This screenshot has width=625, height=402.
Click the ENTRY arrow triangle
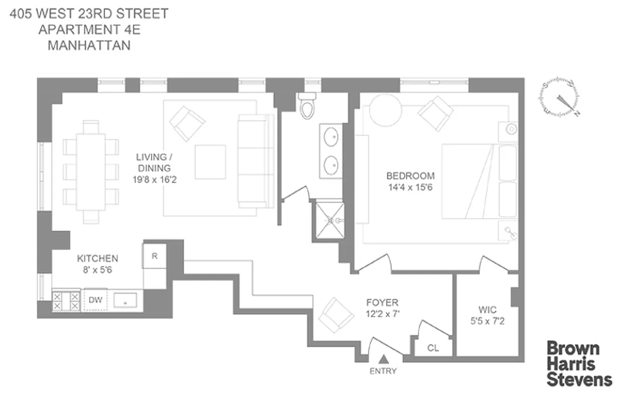[x=384, y=359]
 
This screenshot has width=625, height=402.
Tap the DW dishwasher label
[x=95, y=300]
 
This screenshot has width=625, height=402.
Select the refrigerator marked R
[x=155, y=256]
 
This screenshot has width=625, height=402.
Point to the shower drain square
[x=330, y=220]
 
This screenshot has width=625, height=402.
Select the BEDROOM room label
[x=410, y=176]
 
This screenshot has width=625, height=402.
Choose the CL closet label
[x=433, y=347]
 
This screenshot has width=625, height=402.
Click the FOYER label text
[x=382, y=303]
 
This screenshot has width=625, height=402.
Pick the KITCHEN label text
[x=97, y=259]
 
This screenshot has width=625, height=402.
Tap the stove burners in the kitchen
[x=66, y=300]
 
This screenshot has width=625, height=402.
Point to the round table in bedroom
[x=385, y=111]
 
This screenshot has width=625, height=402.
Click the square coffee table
[x=210, y=162]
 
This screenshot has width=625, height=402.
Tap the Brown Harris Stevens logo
[x=579, y=364]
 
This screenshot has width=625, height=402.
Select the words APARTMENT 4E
[x=89, y=29]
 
